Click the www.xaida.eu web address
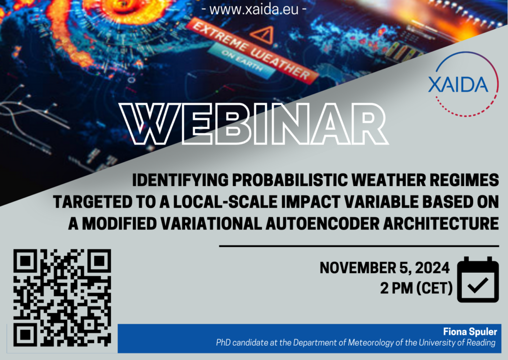254,9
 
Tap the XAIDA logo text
458,84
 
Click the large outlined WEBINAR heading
254,123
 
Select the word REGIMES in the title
464,180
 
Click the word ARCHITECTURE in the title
441,223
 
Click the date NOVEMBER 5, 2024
384,268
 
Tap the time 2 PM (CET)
416,288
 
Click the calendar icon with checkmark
478,280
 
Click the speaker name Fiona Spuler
470,332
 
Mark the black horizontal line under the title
359,246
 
